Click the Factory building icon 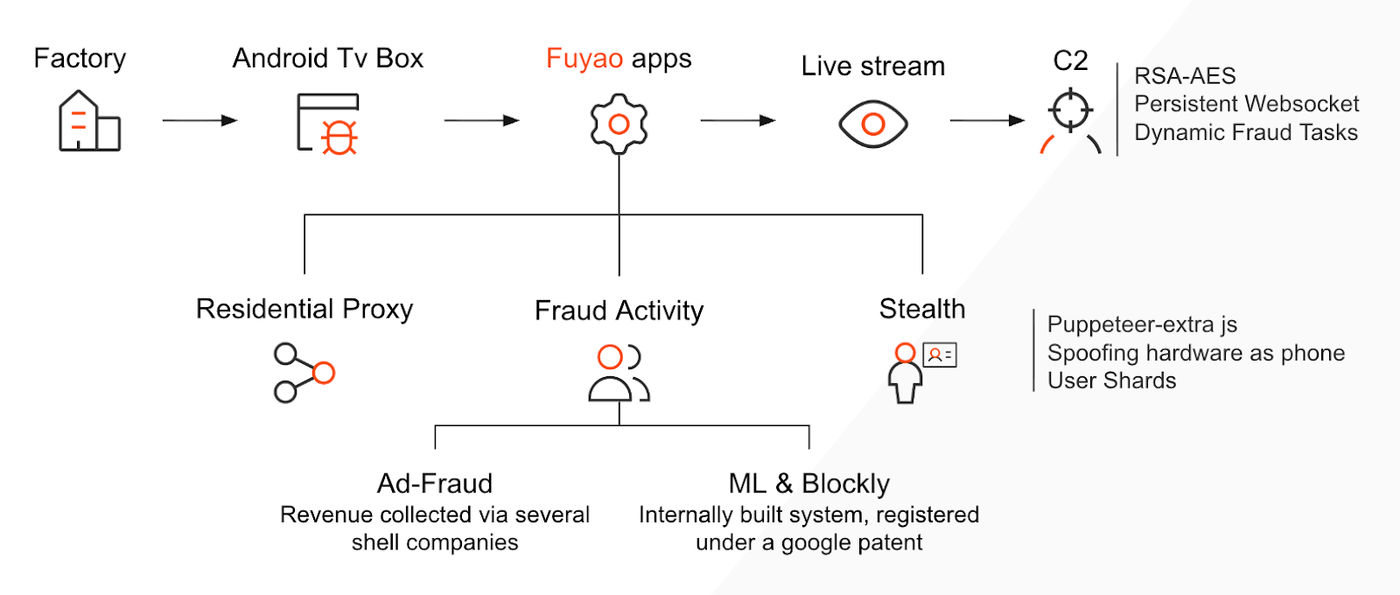pyautogui.click(x=89, y=122)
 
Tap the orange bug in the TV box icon pyautogui.click(x=339, y=137)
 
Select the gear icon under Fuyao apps pyautogui.click(x=619, y=123)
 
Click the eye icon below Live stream pyautogui.click(x=873, y=123)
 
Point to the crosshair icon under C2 pyautogui.click(x=1071, y=110)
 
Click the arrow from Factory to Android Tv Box pyautogui.click(x=200, y=120)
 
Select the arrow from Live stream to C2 pyautogui.click(x=988, y=120)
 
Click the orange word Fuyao pyautogui.click(x=584, y=59)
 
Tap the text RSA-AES pyautogui.click(x=1185, y=75)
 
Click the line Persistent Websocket pyautogui.click(x=1247, y=104)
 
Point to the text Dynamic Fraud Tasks pyautogui.click(x=1246, y=132)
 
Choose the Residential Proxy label pyautogui.click(x=304, y=309)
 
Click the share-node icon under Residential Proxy pyautogui.click(x=304, y=373)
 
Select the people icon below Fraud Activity pyautogui.click(x=619, y=373)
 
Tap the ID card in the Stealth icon pyautogui.click(x=940, y=355)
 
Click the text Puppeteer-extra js pyautogui.click(x=1143, y=325)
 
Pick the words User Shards pyautogui.click(x=1112, y=381)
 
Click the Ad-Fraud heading pyautogui.click(x=435, y=484)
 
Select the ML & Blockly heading pyautogui.click(x=808, y=484)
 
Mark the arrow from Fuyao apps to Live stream pyautogui.click(x=738, y=120)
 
